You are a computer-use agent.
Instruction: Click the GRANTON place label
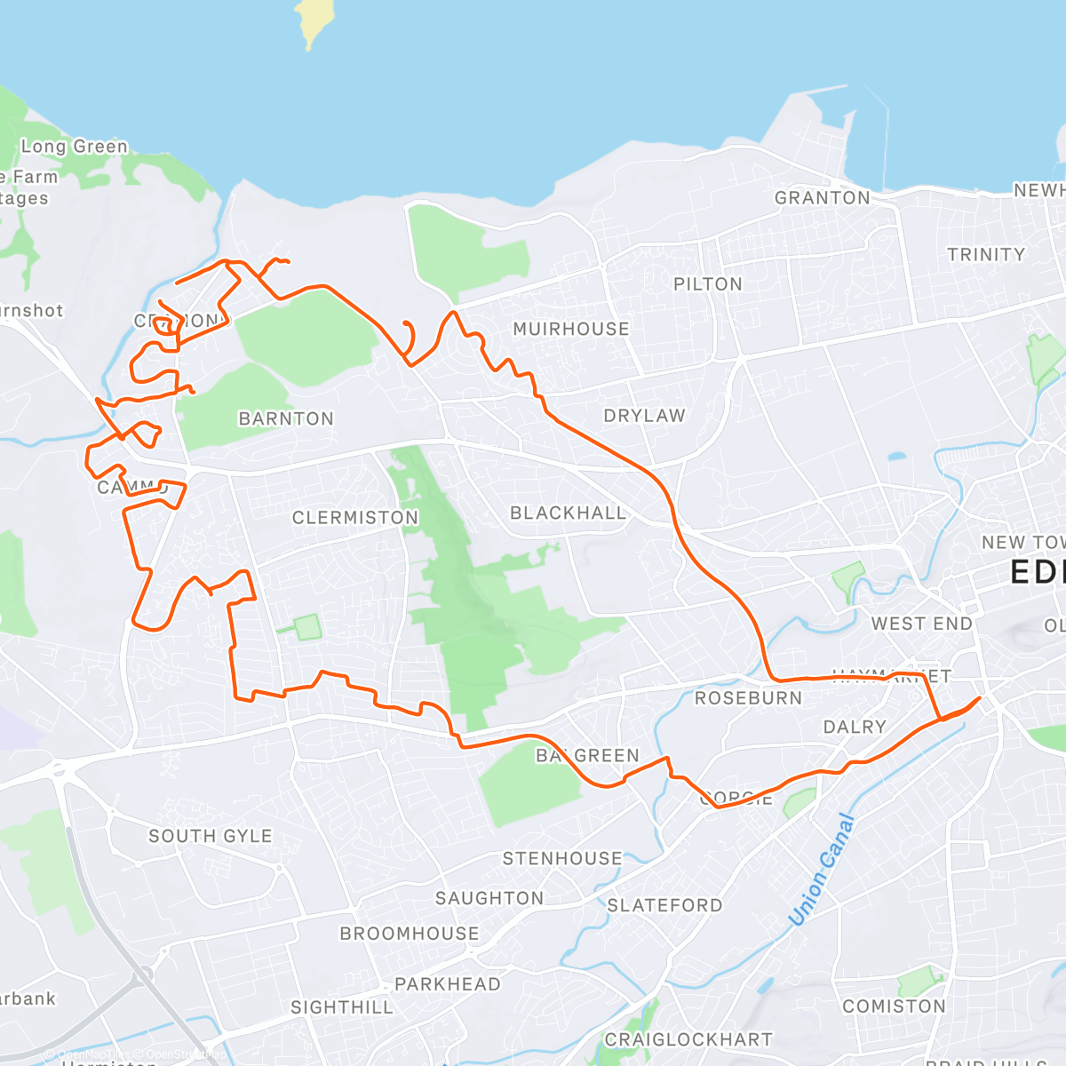pos(822,198)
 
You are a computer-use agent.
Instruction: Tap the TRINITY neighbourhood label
pos(985,255)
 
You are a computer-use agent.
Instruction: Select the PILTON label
pos(707,284)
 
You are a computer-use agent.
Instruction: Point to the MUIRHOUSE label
pos(571,330)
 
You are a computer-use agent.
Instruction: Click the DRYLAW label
pos(644,416)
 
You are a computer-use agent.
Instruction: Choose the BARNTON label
pos(286,418)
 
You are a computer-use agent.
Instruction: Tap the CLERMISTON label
pos(354,518)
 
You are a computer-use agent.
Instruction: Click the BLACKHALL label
pos(568,513)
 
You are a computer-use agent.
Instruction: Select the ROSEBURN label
pos(748,698)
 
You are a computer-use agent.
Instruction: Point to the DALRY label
pos(855,728)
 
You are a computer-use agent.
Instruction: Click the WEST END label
pos(921,624)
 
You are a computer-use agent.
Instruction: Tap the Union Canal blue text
pos(821,870)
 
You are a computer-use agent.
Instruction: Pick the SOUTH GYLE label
pos(210,836)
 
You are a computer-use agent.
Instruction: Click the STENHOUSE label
pos(562,859)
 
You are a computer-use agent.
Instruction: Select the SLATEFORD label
pos(664,905)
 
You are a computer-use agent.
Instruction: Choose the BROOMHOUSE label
pos(409,934)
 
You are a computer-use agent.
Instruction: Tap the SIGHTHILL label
pos(341,1007)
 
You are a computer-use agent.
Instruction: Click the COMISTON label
pos(894,1006)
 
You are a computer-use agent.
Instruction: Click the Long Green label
pos(75,147)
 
